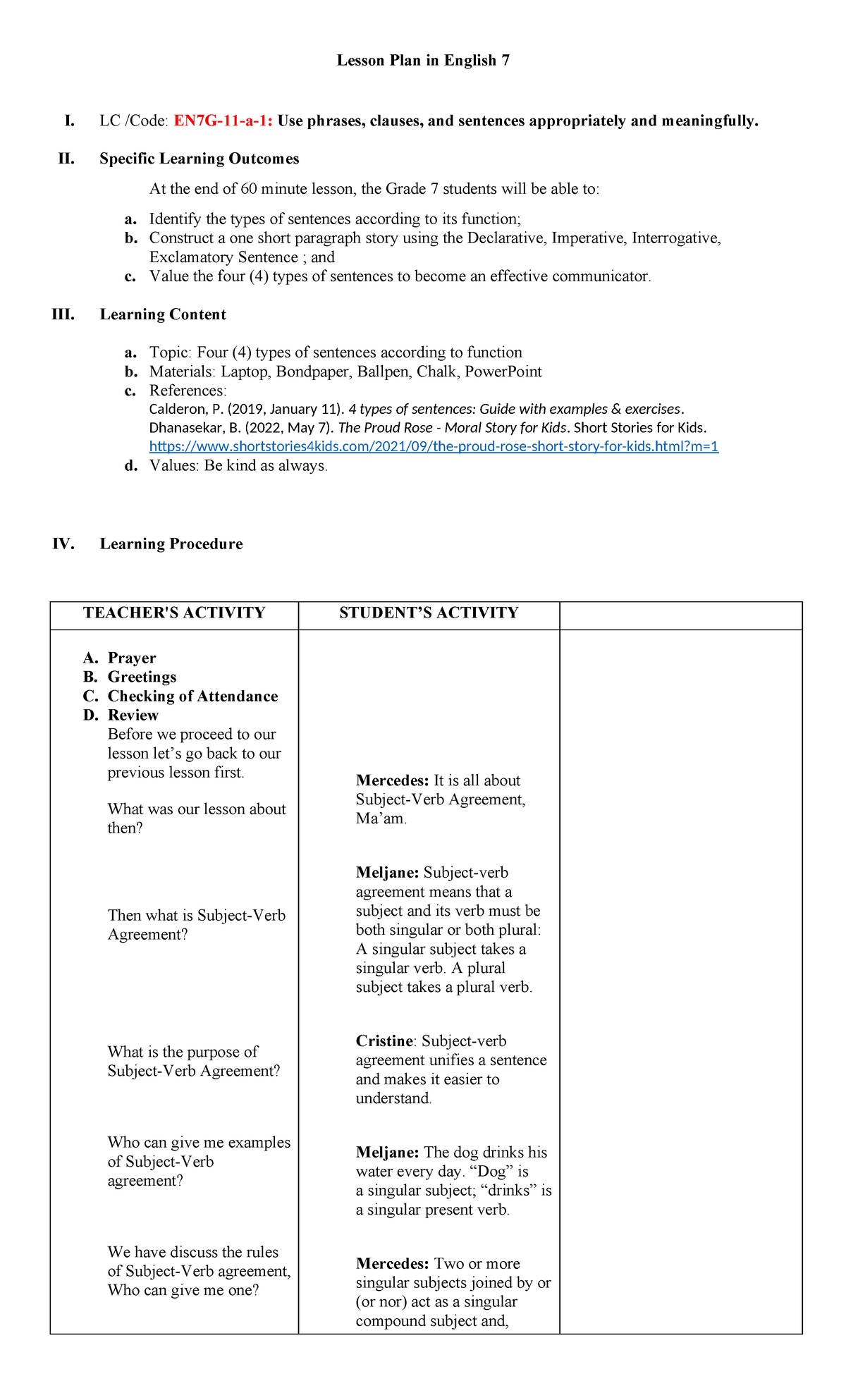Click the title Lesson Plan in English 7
coord(423,61)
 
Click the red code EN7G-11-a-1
coord(223,121)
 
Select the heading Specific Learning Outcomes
coord(199,159)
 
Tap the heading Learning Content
coord(163,314)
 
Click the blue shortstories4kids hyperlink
coord(434,446)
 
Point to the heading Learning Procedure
coord(171,544)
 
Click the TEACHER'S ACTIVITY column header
coord(174,613)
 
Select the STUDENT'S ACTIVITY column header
coord(429,613)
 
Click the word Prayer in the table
coord(132,658)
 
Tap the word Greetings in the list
coord(142,677)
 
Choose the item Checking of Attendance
coord(192,696)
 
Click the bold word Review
coord(133,715)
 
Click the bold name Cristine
coord(384,1041)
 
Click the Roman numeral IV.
coord(63,544)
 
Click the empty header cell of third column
coord(680,615)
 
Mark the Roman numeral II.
coord(66,159)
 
